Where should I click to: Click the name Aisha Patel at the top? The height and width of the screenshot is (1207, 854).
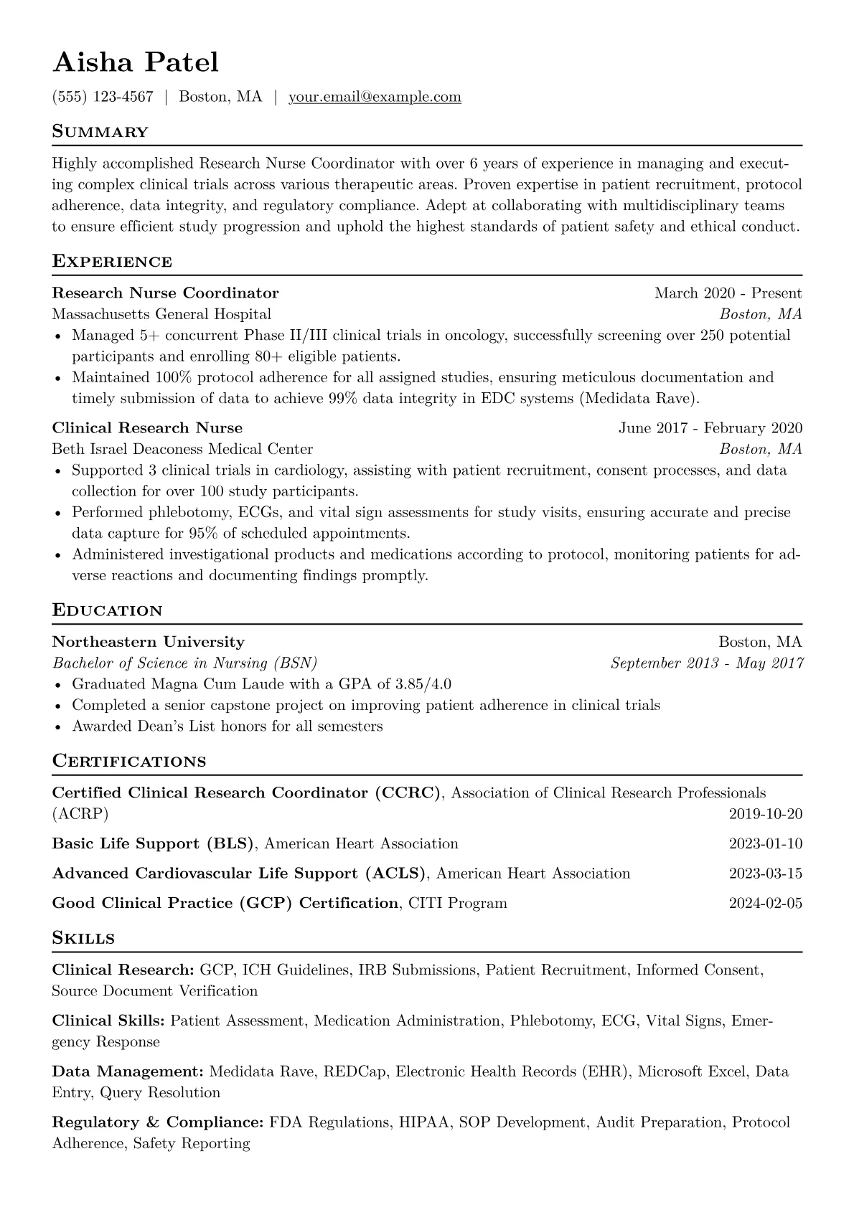(136, 62)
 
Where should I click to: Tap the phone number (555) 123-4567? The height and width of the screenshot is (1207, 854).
(103, 97)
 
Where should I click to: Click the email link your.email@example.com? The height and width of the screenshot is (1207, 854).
(375, 97)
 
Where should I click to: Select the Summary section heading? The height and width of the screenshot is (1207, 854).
(100, 132)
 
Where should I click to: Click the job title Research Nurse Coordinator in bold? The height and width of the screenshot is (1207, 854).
(165, 293)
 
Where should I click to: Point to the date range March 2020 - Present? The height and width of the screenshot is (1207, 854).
(728, 293)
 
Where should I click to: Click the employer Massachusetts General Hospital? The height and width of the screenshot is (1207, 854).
(161, 314)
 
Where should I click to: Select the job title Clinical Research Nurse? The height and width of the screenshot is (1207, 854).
(147, 428)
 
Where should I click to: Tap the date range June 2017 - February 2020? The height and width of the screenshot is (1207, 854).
(710, 428)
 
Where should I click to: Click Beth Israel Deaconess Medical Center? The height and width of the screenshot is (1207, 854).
(182, 450)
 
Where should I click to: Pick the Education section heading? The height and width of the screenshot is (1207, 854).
(108, 611)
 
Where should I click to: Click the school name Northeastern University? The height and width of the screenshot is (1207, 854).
(148, 642)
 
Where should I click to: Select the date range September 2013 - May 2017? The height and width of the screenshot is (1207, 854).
(706, 663)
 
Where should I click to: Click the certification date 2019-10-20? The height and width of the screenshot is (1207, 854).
(765, 814)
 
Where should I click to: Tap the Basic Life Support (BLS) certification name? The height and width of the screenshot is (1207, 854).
(153, 843)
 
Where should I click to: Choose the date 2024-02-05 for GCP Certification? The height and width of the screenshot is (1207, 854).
(765, 903)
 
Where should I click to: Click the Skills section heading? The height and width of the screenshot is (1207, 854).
(83, 938)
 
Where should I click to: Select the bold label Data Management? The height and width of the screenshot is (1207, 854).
(128, 1072)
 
